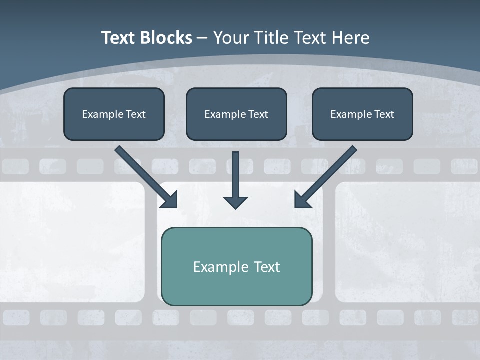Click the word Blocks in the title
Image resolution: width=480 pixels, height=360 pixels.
165,38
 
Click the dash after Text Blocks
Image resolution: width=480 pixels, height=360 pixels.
202,38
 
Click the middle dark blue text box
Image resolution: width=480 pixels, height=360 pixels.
236,128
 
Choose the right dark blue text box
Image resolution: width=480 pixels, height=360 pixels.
362,128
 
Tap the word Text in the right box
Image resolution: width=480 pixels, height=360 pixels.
384,114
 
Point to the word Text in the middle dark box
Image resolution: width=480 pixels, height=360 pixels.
258,114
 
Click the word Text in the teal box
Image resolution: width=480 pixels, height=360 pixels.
267,267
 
